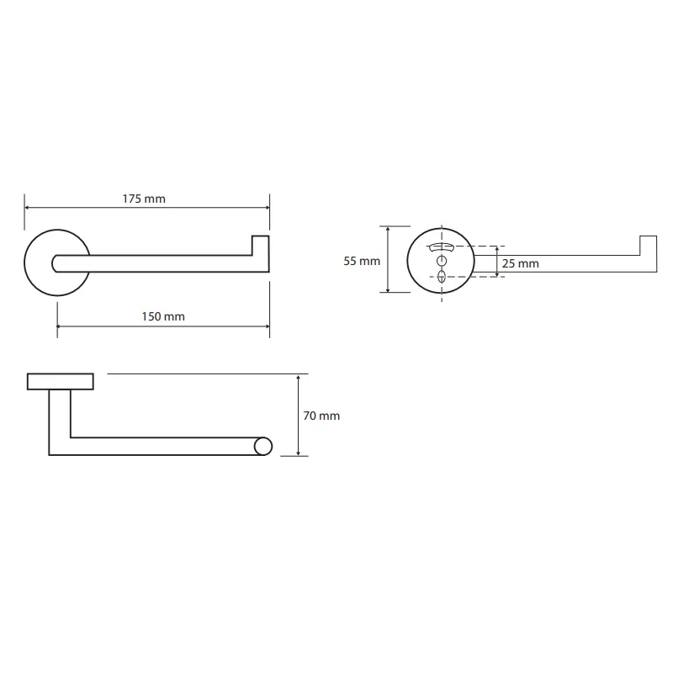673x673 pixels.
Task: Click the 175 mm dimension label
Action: (x=144, y=199)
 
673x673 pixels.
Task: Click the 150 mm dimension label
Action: (x=163, y=317)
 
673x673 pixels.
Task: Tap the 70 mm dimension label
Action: (x=321, y=416)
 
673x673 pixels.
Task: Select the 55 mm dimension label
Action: (x=362, y=261)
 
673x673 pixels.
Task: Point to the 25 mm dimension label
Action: (x=520, y=263)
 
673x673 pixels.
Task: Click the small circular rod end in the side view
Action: (x=263, y=447)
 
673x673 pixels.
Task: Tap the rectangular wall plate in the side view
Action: (x=61, y=382)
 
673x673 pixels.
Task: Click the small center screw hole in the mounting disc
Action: (x=442, y=261)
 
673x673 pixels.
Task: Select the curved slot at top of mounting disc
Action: (x=441, y=246)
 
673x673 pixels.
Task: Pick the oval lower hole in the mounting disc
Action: (x=442, y=277)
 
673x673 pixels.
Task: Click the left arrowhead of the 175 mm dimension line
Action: (x=27, y=208)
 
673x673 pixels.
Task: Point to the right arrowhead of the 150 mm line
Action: (x=267, y=326)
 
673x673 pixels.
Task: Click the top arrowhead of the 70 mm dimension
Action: (x=299, y=377)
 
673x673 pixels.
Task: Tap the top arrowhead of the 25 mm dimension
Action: (x=497, y=249)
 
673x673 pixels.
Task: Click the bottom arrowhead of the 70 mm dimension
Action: (x=299, y=453)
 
